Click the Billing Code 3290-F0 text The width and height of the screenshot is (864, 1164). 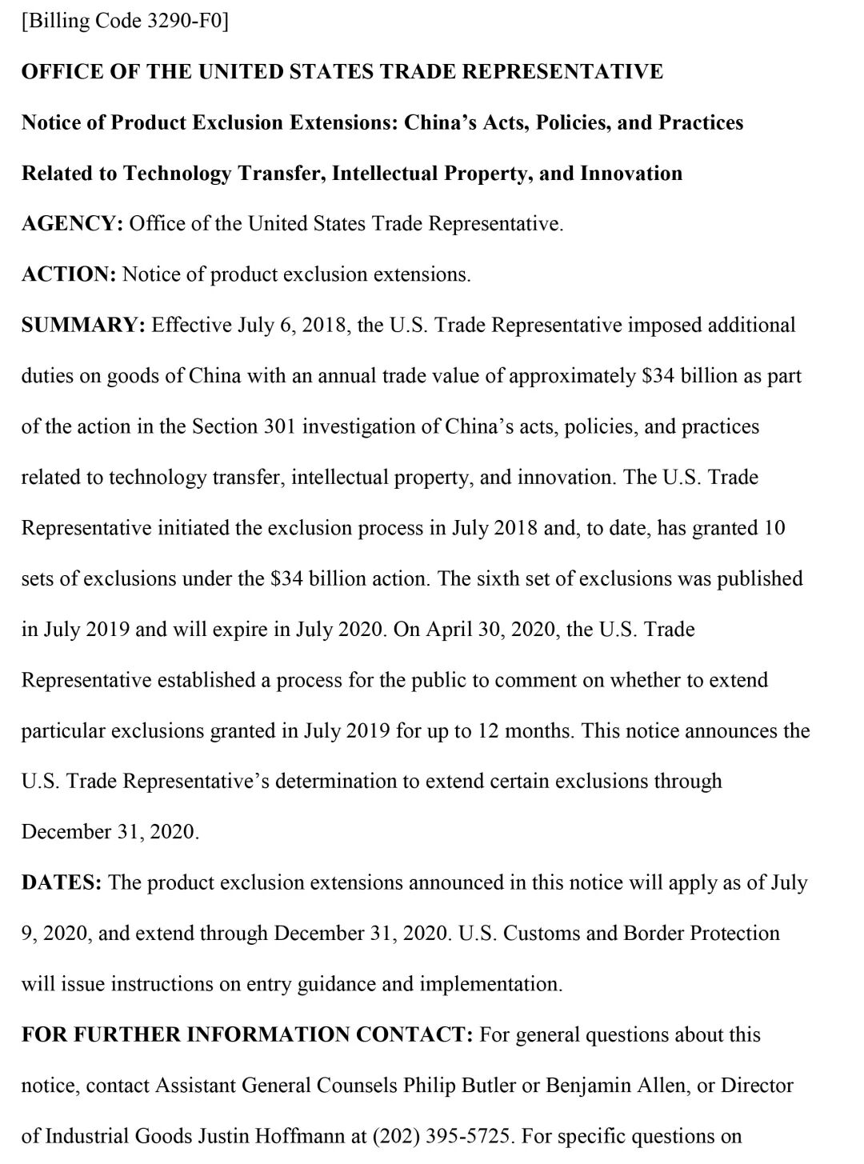point(125,22)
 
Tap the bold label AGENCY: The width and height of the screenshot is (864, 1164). point(72,224)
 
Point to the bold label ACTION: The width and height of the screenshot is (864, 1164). point(70,274)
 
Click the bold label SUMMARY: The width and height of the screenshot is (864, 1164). point(82,326)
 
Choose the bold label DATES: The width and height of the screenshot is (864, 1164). point(62,883)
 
